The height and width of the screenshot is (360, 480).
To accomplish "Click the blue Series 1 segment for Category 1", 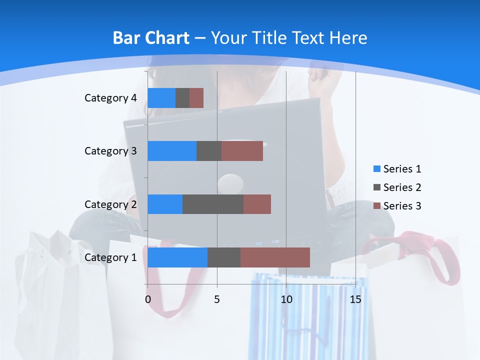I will pos(177,257).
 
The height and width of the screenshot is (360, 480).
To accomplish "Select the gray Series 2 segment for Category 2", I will pos(213,204).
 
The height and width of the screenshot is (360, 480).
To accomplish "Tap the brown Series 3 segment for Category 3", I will pos(242,151).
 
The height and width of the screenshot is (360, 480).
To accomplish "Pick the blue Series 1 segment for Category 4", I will pos(161,98).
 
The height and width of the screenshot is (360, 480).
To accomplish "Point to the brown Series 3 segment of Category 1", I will pos(275,257).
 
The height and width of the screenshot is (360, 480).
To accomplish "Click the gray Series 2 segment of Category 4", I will pos(182,98).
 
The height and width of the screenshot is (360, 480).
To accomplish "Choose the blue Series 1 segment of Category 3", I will pos(172,151).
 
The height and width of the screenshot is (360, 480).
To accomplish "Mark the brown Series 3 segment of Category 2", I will pos(257,204).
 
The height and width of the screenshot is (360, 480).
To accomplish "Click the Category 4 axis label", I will pos(110,98).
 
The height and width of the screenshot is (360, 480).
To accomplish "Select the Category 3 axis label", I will pos(110,151).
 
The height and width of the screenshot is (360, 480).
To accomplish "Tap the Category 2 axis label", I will pos(110,204).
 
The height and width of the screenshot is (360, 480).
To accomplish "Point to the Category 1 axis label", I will pos(110,257).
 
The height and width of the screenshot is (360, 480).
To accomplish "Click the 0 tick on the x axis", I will pos(148,299).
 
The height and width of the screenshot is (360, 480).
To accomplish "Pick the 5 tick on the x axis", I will pos(217,299).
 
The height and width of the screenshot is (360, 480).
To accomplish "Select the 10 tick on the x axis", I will pos(286,299).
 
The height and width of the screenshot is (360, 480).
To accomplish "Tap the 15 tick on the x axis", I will pos(355,299).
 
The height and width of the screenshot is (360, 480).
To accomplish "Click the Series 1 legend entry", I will pos(397,169).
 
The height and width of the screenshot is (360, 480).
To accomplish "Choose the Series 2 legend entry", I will pos(397,187).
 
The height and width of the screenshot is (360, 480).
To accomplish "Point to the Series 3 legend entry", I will pos(397,206).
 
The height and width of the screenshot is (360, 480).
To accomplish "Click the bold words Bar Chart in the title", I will pos(151,38).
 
